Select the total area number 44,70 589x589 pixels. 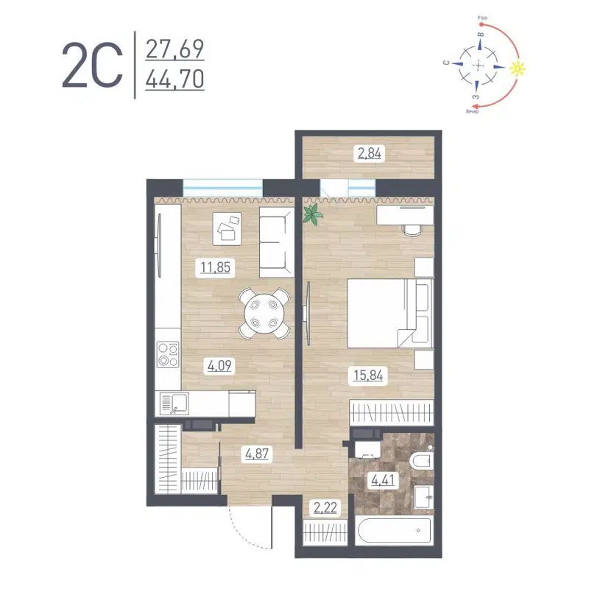tap(174, 77)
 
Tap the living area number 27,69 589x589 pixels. tap(174, 50)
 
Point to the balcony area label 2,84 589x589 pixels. tap(371, 154)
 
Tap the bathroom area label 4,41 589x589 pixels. tap(383, 484)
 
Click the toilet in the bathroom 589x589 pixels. tap(419, 462)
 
